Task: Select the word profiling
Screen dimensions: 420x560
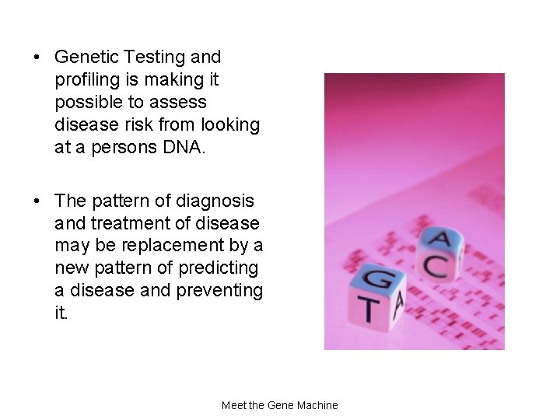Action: coord(86,80)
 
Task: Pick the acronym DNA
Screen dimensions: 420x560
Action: coord(184,147)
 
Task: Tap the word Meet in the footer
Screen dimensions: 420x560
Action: coord(234,405)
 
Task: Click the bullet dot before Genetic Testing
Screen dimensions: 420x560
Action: coord(37,58)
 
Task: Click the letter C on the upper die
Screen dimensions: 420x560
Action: coord(434,267)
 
